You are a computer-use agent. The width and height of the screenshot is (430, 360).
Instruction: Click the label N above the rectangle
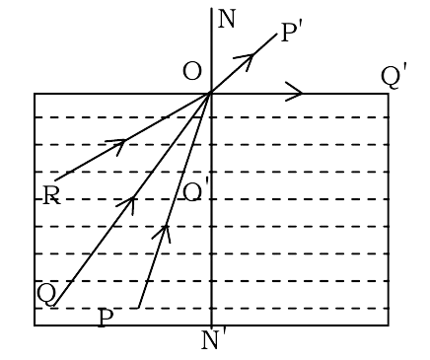[x=227, y=20]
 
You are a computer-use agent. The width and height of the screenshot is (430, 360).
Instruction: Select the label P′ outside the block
[x=292, y=33]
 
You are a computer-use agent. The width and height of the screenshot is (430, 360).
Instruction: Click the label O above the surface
[x=191, y=72]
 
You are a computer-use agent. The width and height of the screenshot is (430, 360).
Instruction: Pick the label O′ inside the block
[x=195, y=192]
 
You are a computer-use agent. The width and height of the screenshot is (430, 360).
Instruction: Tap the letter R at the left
[x=51, y=195]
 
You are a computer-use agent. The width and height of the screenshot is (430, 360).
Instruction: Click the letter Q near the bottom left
[x=46, y=294]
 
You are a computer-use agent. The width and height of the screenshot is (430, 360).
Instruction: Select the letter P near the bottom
[x=106, y=318]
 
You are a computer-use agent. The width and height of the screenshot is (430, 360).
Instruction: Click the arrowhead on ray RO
[x=118, y=145]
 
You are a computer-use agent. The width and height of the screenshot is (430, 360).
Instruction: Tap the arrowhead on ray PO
[x=163, y=232]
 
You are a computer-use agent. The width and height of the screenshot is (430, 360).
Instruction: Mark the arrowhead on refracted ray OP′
[x=246, y=60]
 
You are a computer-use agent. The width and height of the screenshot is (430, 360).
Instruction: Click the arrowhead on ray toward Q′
[x=294, y=92]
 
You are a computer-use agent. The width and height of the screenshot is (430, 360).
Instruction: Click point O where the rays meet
[x=210, y=93]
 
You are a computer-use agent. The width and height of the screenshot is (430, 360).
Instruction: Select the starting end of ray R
[x=55, y=180]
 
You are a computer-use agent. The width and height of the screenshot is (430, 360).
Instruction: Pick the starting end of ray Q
[x=55, y=306]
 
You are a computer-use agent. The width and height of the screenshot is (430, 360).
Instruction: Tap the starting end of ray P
[x=138, y=308]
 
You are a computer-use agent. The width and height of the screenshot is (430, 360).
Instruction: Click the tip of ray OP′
[x=277, y=34]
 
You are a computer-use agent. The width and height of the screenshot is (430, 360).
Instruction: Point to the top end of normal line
[x=211, y=8]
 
